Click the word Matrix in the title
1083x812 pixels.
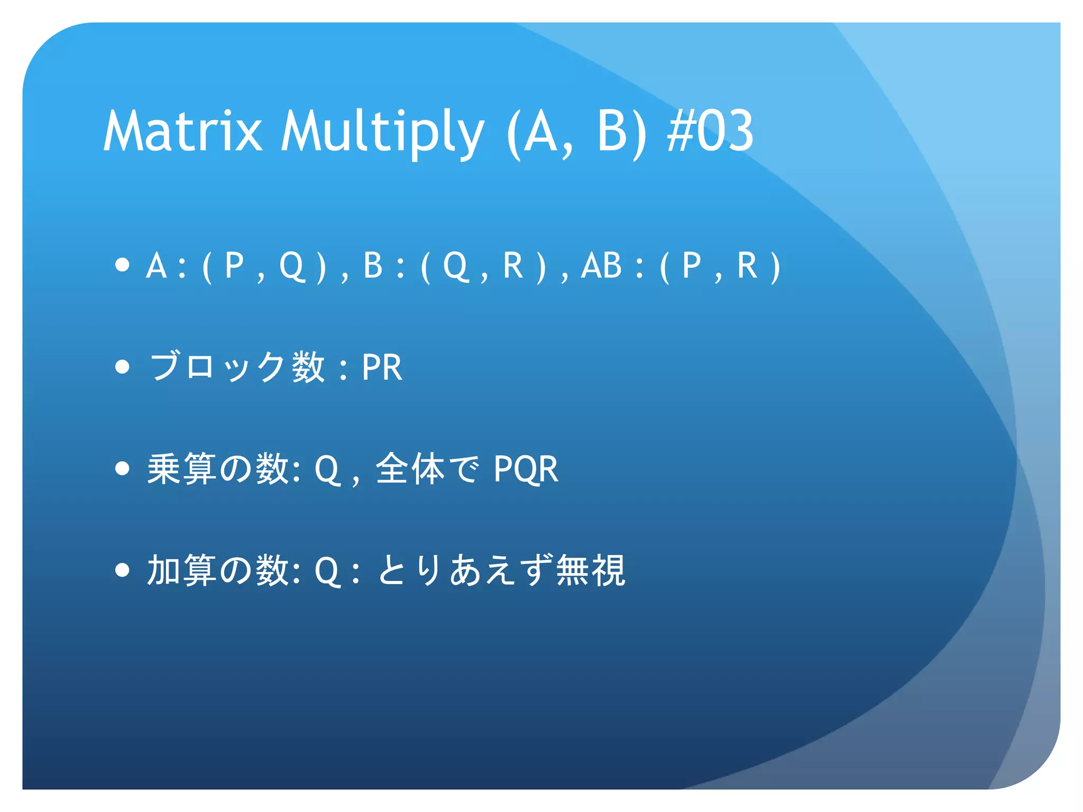182,131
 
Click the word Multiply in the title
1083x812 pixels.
382,132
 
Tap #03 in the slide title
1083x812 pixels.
710,131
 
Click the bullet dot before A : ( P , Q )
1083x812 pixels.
122,265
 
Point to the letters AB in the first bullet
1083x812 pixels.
601,265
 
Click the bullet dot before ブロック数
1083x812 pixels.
122,366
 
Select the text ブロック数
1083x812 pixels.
236,366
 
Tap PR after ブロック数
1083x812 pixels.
382,367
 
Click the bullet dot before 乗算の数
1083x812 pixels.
122,468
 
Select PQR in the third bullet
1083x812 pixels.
526,469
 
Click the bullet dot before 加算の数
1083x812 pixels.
122,570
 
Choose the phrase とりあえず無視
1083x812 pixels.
501,570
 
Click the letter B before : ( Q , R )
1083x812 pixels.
373,265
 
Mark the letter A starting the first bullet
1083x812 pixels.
157,265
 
